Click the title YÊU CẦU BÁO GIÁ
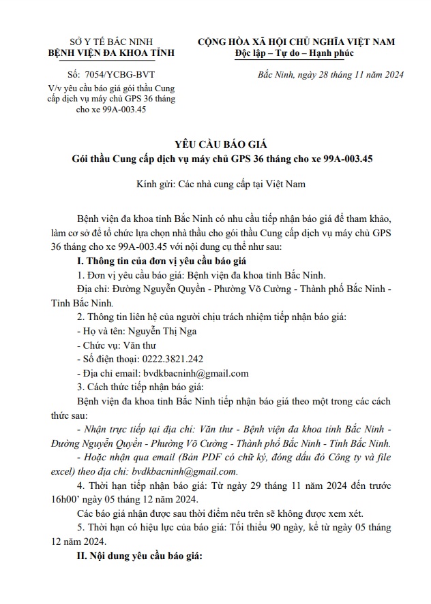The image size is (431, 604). (x=215, y=144)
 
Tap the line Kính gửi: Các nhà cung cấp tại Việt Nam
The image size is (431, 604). (x=215, y=184)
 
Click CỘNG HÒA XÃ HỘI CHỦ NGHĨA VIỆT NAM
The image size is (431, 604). (x=296, y=42)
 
